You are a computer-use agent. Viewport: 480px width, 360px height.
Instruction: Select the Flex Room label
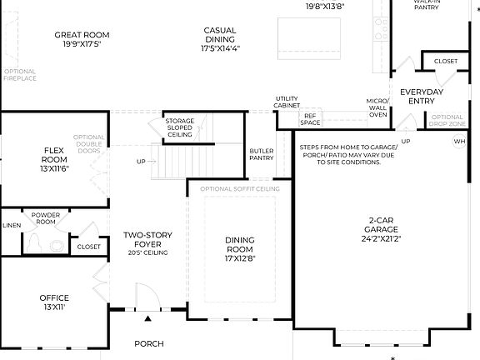(55, 155)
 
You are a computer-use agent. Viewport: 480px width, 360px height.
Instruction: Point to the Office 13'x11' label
(54, 302)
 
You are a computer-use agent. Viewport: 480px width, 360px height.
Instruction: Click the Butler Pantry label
(261, 154)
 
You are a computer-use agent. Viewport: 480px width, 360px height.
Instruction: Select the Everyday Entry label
(421, 97)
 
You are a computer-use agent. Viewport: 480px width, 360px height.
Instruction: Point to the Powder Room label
(46, 218)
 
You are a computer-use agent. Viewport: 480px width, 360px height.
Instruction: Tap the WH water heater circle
(459, 142)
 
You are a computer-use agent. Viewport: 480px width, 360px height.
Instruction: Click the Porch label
(149, 343)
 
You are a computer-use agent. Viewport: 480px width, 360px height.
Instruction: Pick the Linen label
(11, 225)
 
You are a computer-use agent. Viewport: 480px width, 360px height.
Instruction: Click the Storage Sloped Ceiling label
(179, 127)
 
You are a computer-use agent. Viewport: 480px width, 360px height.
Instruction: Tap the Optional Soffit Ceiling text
(239, 189)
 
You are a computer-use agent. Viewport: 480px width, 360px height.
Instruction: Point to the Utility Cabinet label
(287, 102)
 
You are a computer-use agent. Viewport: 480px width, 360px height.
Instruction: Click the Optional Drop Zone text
(447, 121)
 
